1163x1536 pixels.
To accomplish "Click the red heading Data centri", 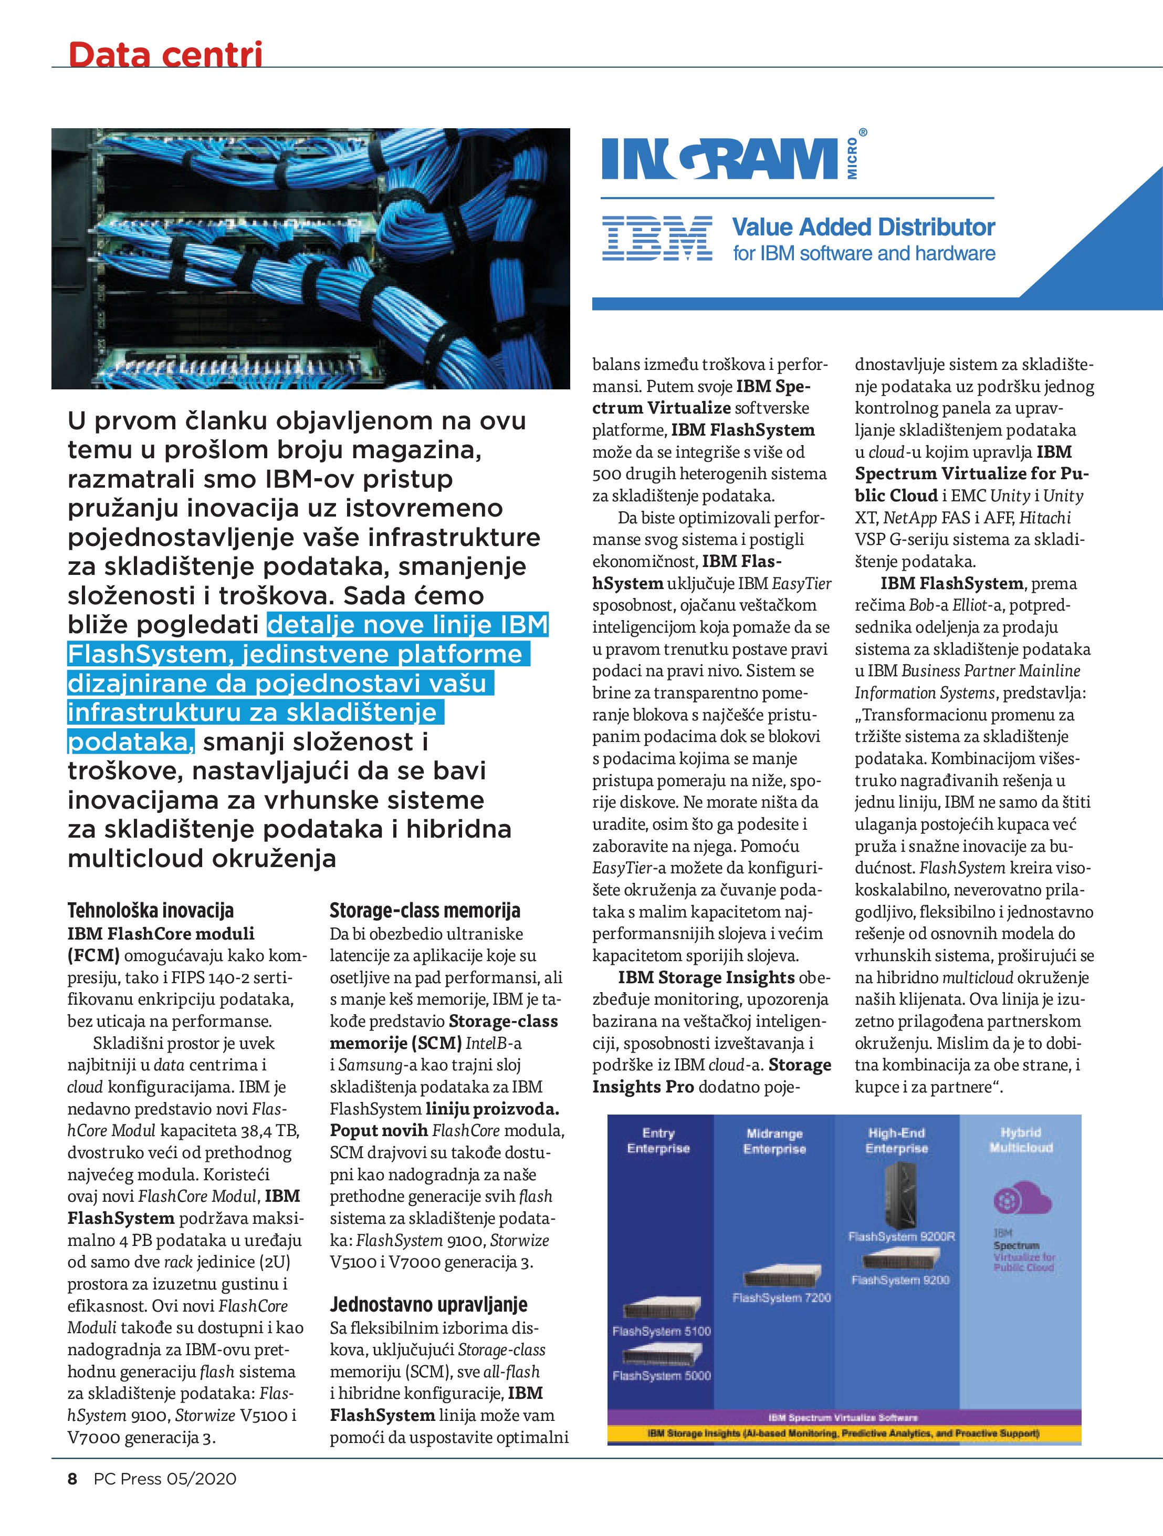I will (x=165, y=54).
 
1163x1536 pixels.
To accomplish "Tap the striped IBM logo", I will (x=656, y=238).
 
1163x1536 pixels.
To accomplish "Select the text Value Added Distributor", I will (x=863, y=227).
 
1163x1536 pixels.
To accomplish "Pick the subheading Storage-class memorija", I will (x=425, y=910).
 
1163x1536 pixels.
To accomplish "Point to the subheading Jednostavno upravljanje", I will (x=428, y=1304).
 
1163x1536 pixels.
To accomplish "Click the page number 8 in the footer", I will (x=72, y=1498).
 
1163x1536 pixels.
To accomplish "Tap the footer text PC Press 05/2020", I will (x=165, y=1498).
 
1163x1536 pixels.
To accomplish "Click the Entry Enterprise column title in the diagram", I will (x=658, y=1140).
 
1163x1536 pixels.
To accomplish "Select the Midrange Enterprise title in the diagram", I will (x=774, y=1141).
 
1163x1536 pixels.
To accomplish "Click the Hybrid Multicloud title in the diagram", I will (x=1021, y=1139).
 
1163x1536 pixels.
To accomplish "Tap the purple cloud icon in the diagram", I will (x=1022, y=1200).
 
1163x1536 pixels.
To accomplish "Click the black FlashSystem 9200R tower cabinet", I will (x=900, y=1194).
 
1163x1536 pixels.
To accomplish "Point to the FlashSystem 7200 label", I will (x=781, y=1297).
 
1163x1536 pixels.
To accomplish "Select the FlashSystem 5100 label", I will (x=661, y=1331).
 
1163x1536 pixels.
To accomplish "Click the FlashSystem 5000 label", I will (x=661, y=1375).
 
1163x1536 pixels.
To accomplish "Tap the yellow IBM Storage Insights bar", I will (x=843, y=1432).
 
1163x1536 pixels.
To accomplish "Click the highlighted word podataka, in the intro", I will (x=130, y=741).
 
